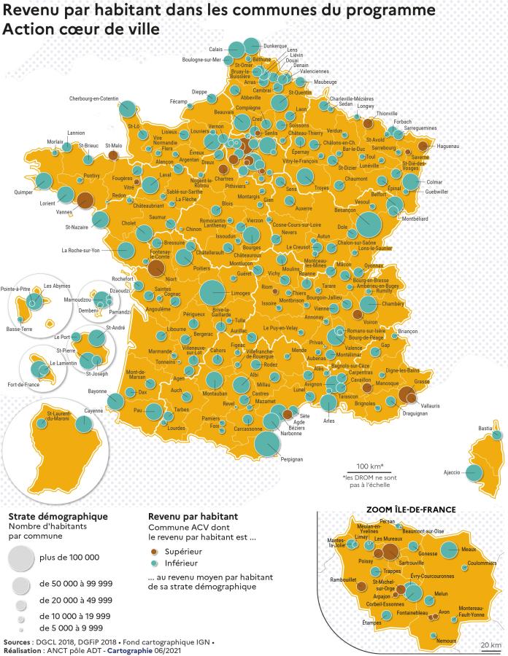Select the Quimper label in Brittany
[25, 192]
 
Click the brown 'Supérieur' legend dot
[153, 552]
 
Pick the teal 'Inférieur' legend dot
[153, 563]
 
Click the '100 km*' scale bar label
[370, 466]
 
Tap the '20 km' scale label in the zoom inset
[490, 645]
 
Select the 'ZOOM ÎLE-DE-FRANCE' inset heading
[412, 509]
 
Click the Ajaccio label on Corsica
[451, 472]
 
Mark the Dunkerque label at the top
[274, 45]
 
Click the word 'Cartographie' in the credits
[131, 650]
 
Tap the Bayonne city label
[97, 391]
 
